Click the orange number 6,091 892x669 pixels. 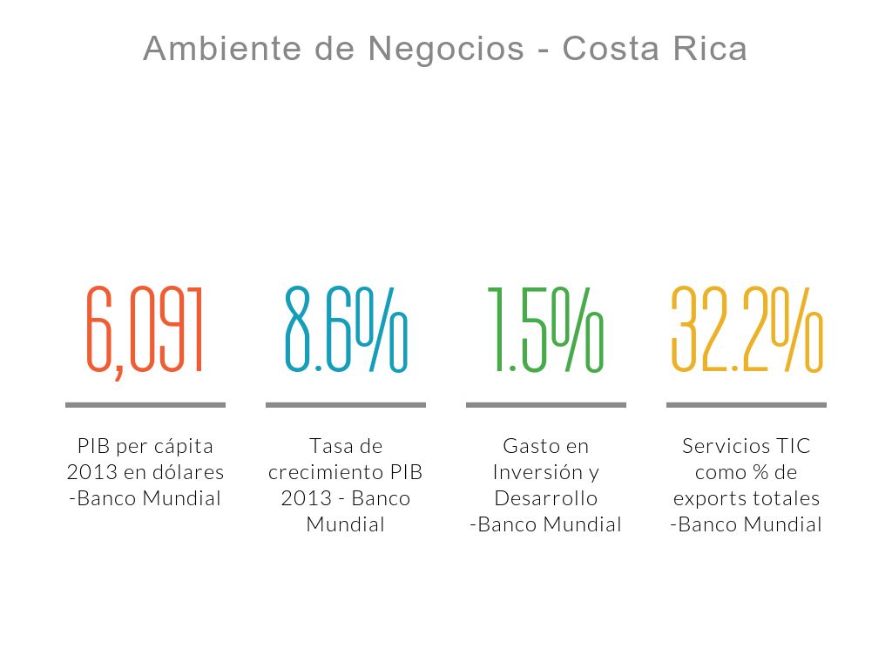(145, 331)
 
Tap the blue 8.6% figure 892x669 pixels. (346, 331)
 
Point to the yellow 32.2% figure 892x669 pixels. (747, 331)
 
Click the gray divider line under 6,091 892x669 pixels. (145, 405)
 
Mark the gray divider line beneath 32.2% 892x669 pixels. (747, 405)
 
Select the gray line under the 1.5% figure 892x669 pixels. (546, 405)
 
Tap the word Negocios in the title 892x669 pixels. (446, 49)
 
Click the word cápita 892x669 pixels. (184, 446)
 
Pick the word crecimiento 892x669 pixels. (320, 472)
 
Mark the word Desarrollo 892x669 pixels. (546, 498)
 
